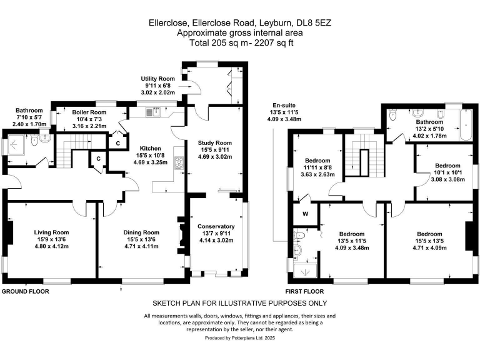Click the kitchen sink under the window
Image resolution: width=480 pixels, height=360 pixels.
[151, 112]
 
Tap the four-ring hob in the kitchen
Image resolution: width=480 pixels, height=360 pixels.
[179, 163]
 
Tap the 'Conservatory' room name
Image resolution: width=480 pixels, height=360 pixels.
[215, 226]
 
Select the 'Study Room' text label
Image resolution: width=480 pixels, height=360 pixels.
[215, 142]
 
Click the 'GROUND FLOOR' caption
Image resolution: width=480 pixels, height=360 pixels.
[26, 291]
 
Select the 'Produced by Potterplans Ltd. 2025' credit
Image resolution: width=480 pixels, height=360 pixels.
[239, 337]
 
